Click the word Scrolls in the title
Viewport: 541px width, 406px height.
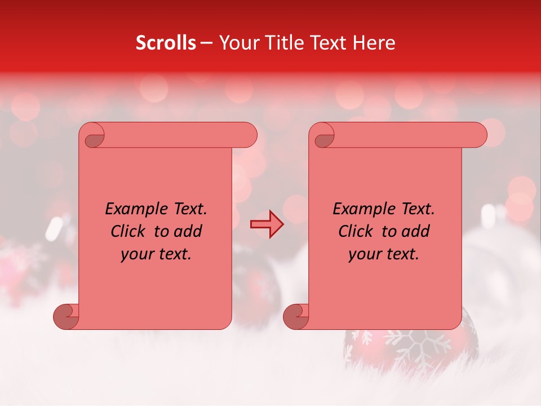click(x=166, y=43)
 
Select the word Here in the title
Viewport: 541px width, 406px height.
click(x=374, y=43)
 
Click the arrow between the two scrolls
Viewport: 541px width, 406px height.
click(x=267, y=223)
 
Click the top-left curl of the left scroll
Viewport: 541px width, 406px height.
click(x=93, y=137)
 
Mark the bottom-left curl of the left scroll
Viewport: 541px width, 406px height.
click(x=65, y=316)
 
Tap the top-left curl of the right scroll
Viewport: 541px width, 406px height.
click(x=322, y=137)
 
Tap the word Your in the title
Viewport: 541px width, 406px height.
click(x=239, y=43)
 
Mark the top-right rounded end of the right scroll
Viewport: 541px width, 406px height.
click(x=476, y=135)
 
